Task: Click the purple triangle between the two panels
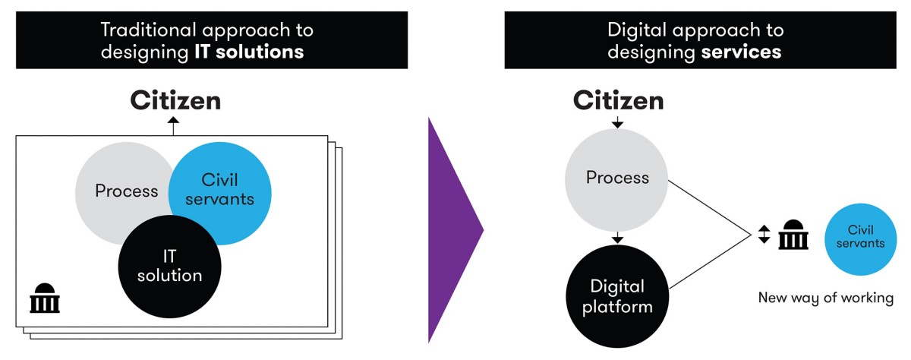click(x=451, y=228)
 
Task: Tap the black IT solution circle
click(x=169, y=265)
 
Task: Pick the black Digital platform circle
click(x=617, y=297)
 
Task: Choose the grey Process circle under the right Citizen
click(x=617, y=178)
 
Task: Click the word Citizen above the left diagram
click(x=175, y=100)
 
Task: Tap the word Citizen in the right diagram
click(x=618, y=99)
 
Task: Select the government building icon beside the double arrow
click(x=793, y=235)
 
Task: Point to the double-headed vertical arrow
click(x=764, y=235)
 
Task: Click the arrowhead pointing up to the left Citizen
click(x=174, y=120)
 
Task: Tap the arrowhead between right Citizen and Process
click(x=617, y=123)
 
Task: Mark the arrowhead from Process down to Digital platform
click(x=617, y=239)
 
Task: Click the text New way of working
click(x=826, y=297)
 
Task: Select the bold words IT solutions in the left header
click(x=260, y=52)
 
